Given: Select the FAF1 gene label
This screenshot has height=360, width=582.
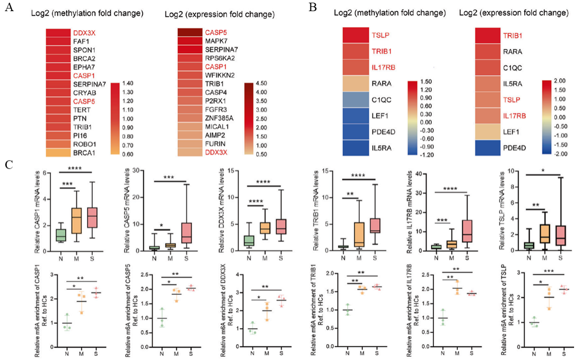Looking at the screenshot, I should (x=82, y=41).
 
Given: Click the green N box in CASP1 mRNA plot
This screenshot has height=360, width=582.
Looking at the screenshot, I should (x=61, y=234).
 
